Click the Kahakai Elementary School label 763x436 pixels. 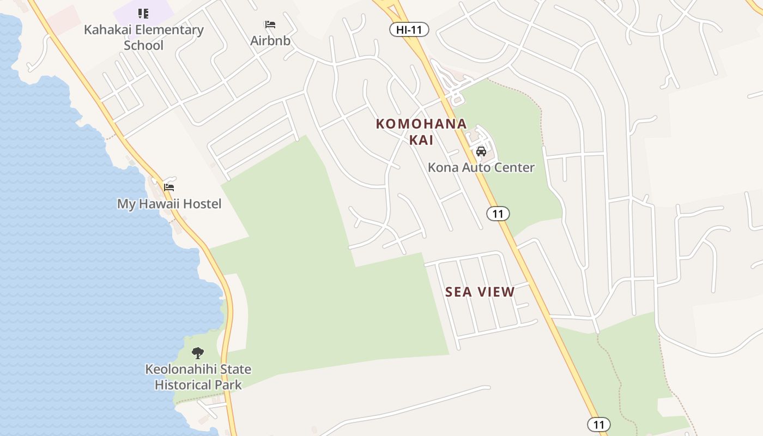pos(143,37)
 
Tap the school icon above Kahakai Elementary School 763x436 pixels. pos(143,14)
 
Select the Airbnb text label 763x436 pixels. pos(270,41)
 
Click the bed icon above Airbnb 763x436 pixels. pos(270,25)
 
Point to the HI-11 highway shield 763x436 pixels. pos(409,30)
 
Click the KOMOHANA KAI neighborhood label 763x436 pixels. pos(421,131)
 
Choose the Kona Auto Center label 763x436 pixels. pos(481,167)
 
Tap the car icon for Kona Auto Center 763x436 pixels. pos(481,152)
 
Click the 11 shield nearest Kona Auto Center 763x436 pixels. pos(498,214)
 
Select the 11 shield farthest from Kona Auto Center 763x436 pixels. pos(598,425)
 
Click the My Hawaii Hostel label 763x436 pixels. pos(169,204)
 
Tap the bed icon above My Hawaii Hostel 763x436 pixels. pos(169,187)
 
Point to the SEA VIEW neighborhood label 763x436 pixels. pos(480,292)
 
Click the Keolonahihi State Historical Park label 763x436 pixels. pos(198,377)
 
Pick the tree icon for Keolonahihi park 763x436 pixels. pos(198,353)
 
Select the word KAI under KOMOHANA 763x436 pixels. pos(421,140)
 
